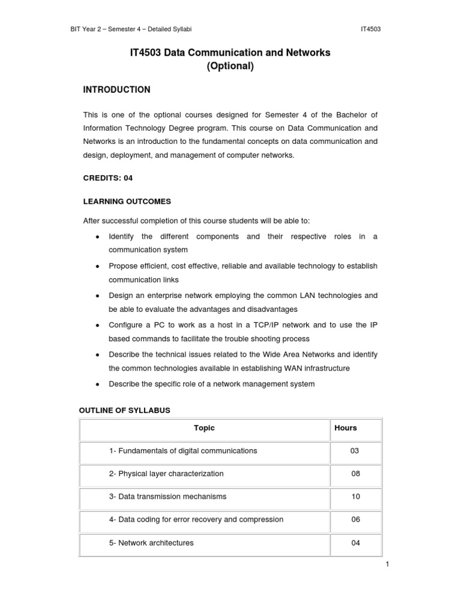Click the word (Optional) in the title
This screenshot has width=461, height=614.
coord(230,67)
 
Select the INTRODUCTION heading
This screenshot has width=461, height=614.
coord(116,90)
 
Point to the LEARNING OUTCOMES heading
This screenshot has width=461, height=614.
coord(127,201)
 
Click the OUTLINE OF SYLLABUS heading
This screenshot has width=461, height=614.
coord(125,410)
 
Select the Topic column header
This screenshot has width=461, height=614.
coord(204,428)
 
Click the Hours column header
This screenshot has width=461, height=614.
coord(345,428)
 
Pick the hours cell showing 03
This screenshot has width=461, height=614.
coord(355,451)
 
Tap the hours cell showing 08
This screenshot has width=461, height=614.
coord(355,474)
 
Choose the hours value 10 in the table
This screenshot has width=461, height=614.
coord(355,497)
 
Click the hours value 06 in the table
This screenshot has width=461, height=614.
coord(355,520)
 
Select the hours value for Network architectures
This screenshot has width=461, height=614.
coord(355,543)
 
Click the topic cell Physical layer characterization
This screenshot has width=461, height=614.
coord(166,474)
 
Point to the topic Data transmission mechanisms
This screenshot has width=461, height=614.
coord(167,497)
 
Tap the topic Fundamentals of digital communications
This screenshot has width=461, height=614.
coord(182,451)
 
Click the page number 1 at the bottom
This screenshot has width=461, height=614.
coord(388,565)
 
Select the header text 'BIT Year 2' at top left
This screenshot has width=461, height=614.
coord(88,29)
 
